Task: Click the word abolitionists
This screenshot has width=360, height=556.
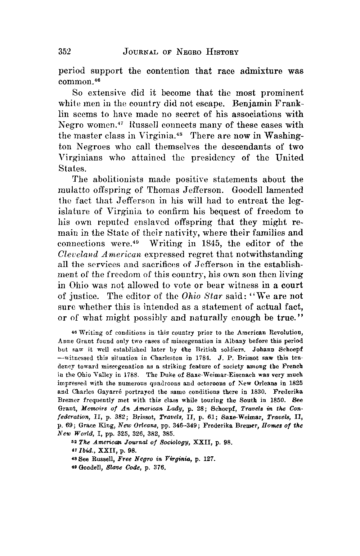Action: point(118,179)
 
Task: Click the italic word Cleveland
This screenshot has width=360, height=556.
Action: point(78,254)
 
